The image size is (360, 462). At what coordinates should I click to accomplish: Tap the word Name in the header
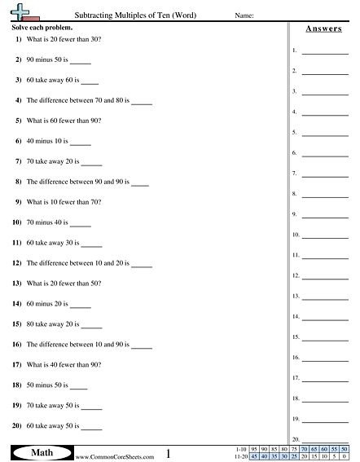click(x=244, y=15)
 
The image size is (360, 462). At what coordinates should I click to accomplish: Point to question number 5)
click(x=17, y=121)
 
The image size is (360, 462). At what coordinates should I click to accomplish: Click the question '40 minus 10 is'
click(x=54, y=141)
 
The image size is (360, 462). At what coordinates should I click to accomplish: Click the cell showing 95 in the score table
click(x=255, y=449)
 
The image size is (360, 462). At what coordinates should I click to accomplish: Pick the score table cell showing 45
click(x=255, y=456)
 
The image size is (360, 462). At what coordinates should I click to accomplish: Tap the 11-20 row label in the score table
click(x=239, y=456)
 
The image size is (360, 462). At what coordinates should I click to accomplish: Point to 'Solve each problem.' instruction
click(x=38, y=29)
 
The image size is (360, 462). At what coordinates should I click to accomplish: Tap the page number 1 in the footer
click(x=167, y=453)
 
